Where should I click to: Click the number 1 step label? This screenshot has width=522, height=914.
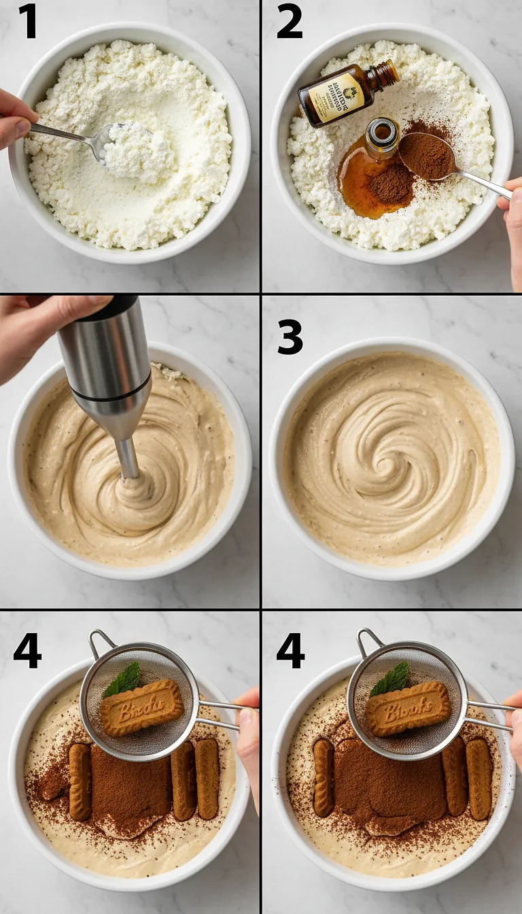[x=27, y=21]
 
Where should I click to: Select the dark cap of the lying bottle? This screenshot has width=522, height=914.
[x=386, y=74]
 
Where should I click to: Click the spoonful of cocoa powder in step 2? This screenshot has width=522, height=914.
[x=427, y=156]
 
